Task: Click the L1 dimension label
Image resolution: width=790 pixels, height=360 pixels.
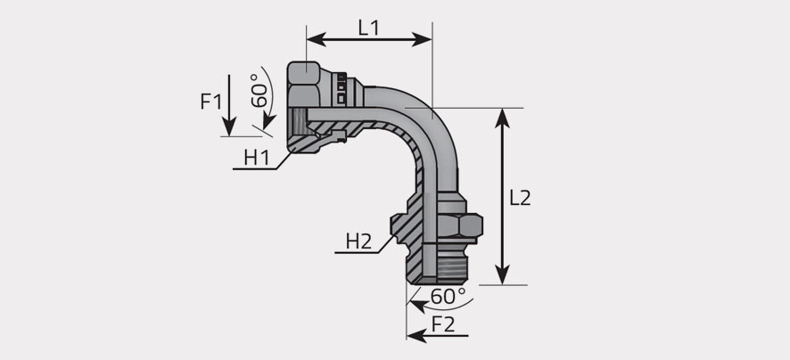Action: (368, 28)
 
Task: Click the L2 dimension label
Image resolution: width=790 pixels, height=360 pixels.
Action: (520, 199)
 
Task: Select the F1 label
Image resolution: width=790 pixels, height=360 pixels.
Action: (210, 102)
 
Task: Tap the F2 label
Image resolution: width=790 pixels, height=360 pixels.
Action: (443, 324)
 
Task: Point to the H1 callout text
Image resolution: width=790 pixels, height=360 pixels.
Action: (257, 158)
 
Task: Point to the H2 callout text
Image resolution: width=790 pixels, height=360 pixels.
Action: (358, 242)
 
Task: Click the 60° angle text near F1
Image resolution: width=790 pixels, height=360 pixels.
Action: (259, 91)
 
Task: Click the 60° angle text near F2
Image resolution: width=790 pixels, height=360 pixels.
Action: (448, 297)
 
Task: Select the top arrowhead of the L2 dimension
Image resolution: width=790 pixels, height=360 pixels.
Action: (502, 118)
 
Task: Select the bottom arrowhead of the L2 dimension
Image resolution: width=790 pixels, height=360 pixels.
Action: (502, 275)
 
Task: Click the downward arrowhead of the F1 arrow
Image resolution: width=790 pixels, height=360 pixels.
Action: (229, 127)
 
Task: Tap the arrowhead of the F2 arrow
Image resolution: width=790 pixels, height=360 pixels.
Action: (416, 335)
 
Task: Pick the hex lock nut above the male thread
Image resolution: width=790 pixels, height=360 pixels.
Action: (459, 225)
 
